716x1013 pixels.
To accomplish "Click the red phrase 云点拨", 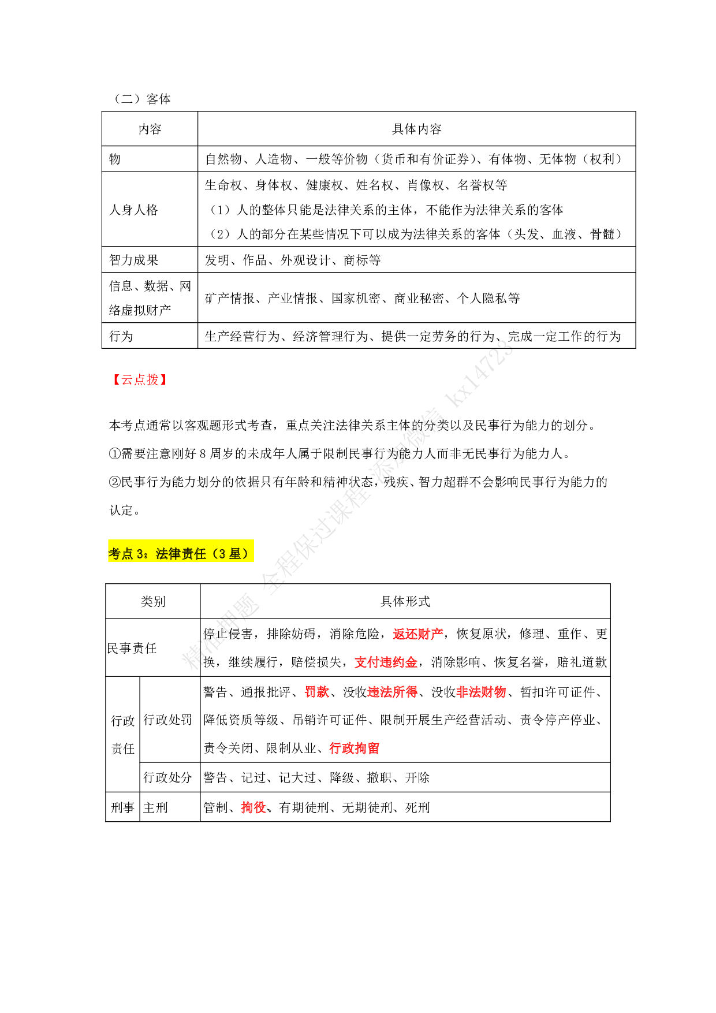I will click(140, 380).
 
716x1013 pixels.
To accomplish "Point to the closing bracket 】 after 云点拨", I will click(164, 380).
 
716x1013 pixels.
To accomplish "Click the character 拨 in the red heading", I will click(152, 380).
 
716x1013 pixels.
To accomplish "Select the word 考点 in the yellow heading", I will click(121, 554).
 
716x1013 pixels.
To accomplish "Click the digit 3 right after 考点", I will click(140, 554).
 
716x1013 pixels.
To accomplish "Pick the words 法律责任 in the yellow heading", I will click(181, 554).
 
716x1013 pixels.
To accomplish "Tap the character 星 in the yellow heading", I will click(234, 554).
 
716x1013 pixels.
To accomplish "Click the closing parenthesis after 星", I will click(247, 554).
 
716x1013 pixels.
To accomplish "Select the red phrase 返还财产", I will click(418, 634).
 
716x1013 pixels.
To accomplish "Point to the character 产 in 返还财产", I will click(437, 634).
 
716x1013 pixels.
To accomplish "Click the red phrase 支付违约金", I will click(386, 662).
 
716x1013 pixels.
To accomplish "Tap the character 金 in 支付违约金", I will click(411, 662).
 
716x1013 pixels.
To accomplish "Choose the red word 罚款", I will click(316, 692).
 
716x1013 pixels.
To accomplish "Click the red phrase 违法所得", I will click(392, 692).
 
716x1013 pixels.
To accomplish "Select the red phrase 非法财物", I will click(481, 692).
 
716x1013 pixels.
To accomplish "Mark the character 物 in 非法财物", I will click(500, 692).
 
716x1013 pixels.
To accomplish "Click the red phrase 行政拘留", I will click(354, 748).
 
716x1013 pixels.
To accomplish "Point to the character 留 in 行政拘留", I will click(373, 748).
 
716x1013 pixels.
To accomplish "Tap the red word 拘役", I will click(253, 807).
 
